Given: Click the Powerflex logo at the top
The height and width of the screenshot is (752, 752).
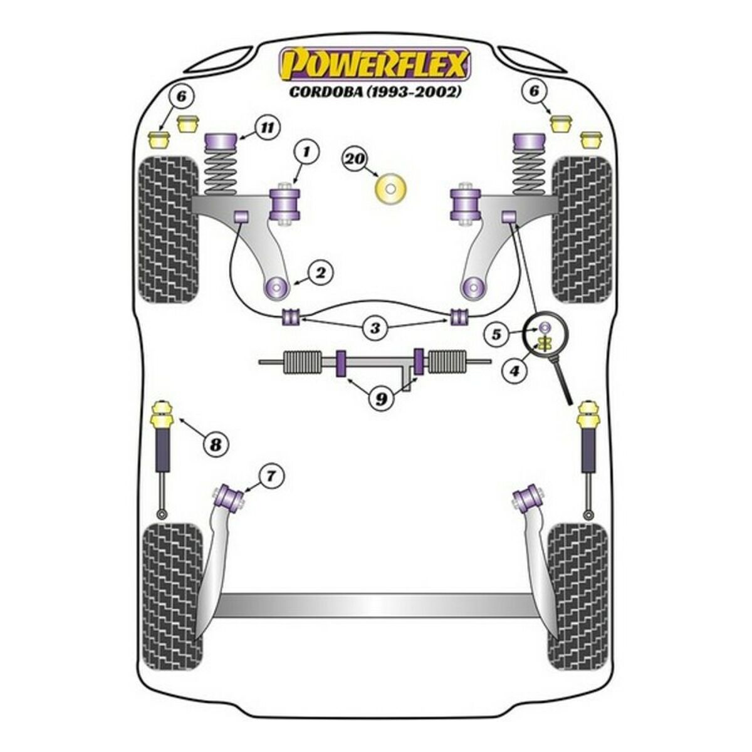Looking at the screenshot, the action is [x=375, y=64].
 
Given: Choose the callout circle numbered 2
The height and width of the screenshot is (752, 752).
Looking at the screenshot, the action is [x=320, y=273].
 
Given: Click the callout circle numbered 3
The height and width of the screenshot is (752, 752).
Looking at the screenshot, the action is [x=375, y=328].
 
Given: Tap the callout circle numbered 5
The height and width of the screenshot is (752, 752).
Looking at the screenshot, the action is [x=496, y=335].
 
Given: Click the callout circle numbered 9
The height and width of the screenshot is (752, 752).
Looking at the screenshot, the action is [x=380, y=398].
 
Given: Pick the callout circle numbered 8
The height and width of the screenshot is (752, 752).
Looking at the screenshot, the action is [x=216, y=444].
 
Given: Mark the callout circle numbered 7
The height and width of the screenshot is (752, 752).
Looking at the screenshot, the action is [x=271, y=476].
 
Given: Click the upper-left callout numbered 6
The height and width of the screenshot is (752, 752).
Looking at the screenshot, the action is [x=182, y=97].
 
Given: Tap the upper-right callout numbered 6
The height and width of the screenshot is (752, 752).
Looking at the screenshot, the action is [x=534, y=91].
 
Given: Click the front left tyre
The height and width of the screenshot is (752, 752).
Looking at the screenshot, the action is [x=169, y=229].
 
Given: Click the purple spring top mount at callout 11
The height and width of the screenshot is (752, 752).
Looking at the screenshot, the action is [x=221, y=147].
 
